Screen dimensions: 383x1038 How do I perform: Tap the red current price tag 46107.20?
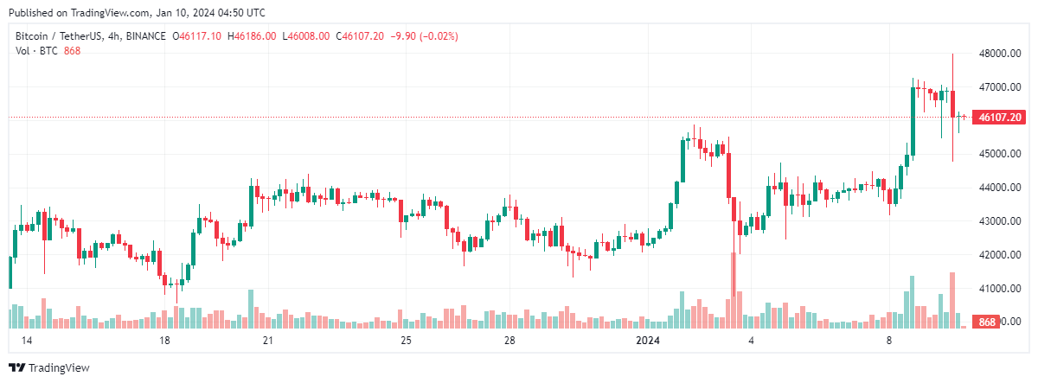pos(999,117)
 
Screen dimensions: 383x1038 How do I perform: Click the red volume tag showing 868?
pos(986,322)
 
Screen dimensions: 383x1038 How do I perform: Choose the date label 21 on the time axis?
pos(268,342)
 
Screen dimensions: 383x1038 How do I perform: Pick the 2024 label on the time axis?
pos(648,342)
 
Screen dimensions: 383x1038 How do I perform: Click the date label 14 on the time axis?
pos(26,342)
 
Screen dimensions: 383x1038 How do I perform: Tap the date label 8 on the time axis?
pos(889,342)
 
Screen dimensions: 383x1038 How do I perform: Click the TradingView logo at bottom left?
pos(49,367)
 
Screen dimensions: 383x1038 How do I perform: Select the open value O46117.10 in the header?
pos(197,36)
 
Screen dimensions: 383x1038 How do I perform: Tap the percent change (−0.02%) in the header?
pos(438,36)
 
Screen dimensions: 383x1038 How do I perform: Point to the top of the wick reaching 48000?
pos(952,54)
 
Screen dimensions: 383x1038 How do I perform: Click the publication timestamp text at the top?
pos(138,13)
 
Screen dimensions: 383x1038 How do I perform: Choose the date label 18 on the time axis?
pos(164,342)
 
